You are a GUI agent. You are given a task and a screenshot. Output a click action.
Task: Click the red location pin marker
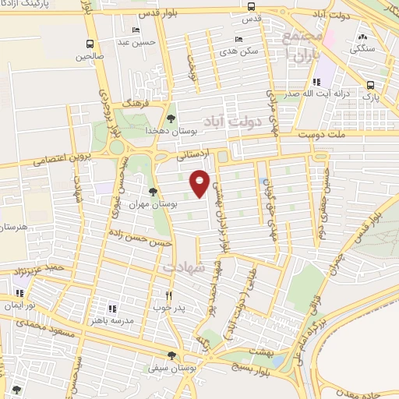click(x=199, y=182)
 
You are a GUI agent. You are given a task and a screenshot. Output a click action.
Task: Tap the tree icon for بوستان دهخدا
click(x=171, y=118)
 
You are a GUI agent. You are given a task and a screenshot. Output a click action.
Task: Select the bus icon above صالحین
click(x=91, y=44)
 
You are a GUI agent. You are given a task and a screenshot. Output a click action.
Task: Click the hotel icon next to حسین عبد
click(x=137, y=30)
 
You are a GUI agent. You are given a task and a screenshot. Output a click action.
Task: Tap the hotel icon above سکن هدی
click(x=238, y=37)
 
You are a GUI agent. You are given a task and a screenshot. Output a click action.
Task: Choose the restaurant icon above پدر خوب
click(x=168, y=295)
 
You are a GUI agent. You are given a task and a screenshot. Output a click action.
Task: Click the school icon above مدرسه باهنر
click(x=112, y=309)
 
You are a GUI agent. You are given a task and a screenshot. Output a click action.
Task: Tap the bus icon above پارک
click(x=370, y=85)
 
